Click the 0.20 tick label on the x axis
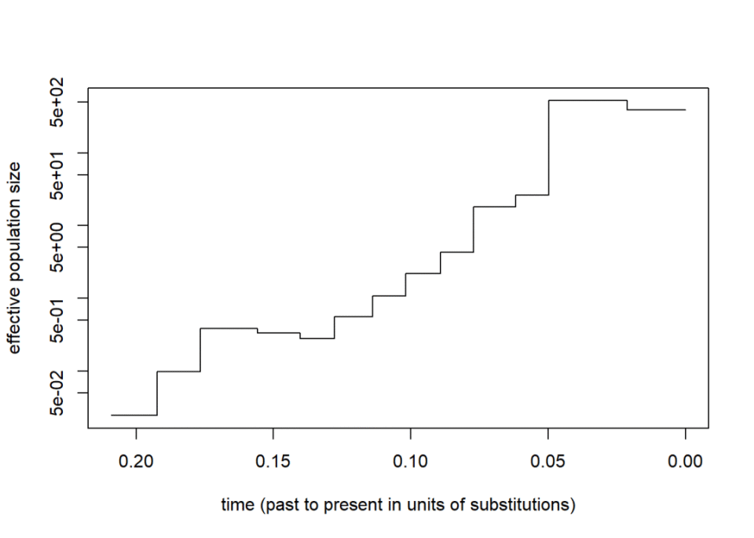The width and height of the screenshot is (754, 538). click(136, 462)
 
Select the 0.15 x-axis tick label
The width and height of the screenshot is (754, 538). click(273, 462)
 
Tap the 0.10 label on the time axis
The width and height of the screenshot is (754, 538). click(411, 462)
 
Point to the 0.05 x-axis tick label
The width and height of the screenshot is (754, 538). click(547, 462)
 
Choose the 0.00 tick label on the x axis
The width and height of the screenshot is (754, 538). click(685, 462)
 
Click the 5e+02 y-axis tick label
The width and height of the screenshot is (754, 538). click(57, 102)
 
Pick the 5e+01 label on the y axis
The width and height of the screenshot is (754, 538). click(57, 174)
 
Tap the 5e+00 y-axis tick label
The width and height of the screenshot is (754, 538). click(57, 247)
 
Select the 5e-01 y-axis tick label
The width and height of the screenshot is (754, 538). click(57, 320)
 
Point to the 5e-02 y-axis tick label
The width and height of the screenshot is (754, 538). click(57, 393)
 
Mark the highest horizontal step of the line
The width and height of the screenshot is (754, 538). click(587, 101)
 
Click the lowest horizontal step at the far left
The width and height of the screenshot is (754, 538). click(134, 415)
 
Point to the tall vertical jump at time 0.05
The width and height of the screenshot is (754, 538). click(549, 148)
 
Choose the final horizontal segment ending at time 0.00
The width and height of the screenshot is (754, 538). click(657, 110)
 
